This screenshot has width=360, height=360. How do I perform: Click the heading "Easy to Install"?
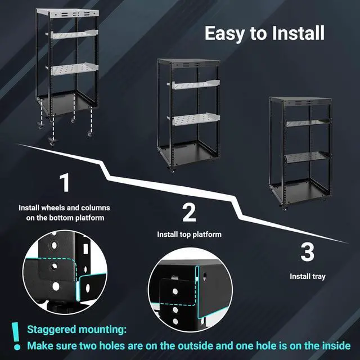(264, 33)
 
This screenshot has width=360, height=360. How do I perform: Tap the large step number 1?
(65, 184)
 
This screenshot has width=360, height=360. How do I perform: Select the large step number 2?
(189, 213)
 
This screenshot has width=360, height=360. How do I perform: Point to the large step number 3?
(307, 253)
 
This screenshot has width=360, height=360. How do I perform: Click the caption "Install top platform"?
(189, 234)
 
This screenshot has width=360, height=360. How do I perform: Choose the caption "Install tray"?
(307, 276)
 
